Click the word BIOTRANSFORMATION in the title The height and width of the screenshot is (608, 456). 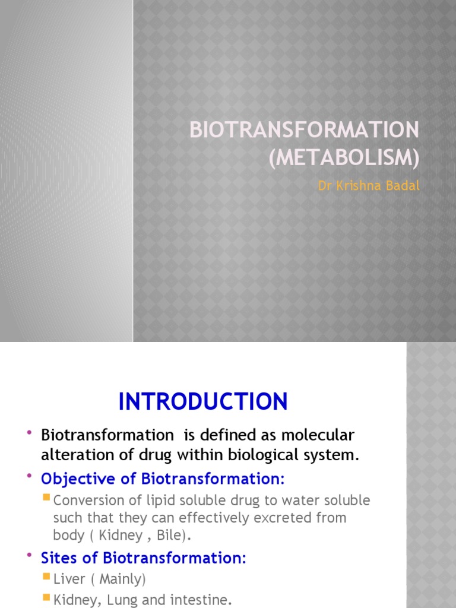click(304, 130)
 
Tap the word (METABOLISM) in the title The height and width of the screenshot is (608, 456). click(344, 159)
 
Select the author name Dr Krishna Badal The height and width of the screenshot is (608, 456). click(369, 186)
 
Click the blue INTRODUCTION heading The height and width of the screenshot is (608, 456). click(203, 402)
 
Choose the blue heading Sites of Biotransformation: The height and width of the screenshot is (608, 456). click(143, 558)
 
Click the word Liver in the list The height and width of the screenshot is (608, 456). click(66, 579)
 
